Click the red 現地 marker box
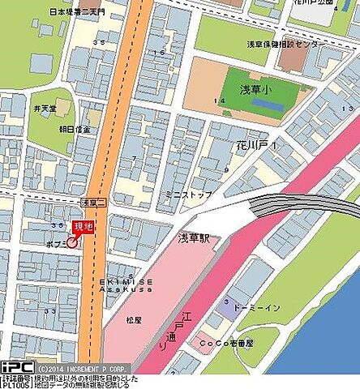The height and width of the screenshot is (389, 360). (x=83, y=228)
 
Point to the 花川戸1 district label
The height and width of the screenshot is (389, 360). (x=260, y=144)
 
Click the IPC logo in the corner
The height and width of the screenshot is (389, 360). (x=16, y=366)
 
